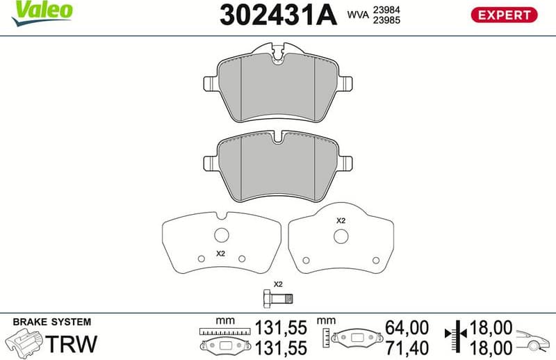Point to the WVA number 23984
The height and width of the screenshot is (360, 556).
(386, 9)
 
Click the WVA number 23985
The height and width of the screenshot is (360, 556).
(386, 20)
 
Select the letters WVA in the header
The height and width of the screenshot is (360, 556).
(357, 15)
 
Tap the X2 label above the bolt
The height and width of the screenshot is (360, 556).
(278, 284)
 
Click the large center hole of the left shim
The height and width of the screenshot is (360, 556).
(222, 235)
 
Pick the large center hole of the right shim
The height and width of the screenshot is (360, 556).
(341, 236)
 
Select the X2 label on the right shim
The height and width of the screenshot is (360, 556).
(341, 220)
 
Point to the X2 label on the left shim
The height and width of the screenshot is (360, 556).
(221, 254)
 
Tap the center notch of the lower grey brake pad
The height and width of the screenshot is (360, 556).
(278, 141)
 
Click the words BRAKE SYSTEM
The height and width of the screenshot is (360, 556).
(52, 322)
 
